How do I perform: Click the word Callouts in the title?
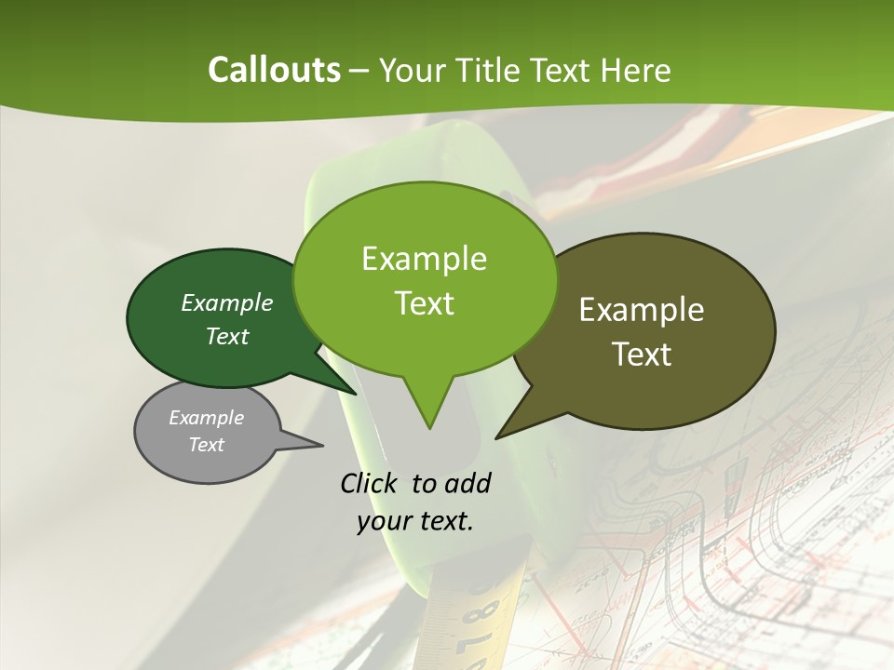click(274, 70)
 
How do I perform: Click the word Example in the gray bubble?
click(207, 418)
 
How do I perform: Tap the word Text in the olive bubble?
click(642, 355)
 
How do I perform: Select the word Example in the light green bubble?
click(425, 259)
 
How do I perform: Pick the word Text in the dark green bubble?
click(227, 336)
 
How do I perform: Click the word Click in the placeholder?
click(370, 483)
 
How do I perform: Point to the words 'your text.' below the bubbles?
click(415, 521)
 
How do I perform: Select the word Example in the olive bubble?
click(642, 310)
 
